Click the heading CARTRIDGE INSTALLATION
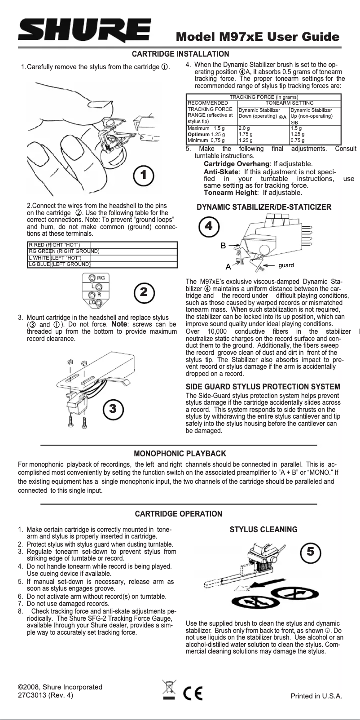(x=180, y=54)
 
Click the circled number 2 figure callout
(x=144, y=292)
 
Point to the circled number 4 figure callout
(x=208, y=226)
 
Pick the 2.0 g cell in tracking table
(x=244, y=128)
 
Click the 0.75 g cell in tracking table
(x=297, y=140)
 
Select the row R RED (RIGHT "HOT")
(x=54, y=245)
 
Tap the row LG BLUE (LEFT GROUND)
(x=59, y=264)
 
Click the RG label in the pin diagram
(x=101, y=278)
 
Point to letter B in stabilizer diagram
(x=223, y=246)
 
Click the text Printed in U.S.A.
(x=316, y=696)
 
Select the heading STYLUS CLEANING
(x=263, y=530)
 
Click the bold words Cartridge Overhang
(x=237, y=164)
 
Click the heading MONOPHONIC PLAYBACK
(x=180, y=454)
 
